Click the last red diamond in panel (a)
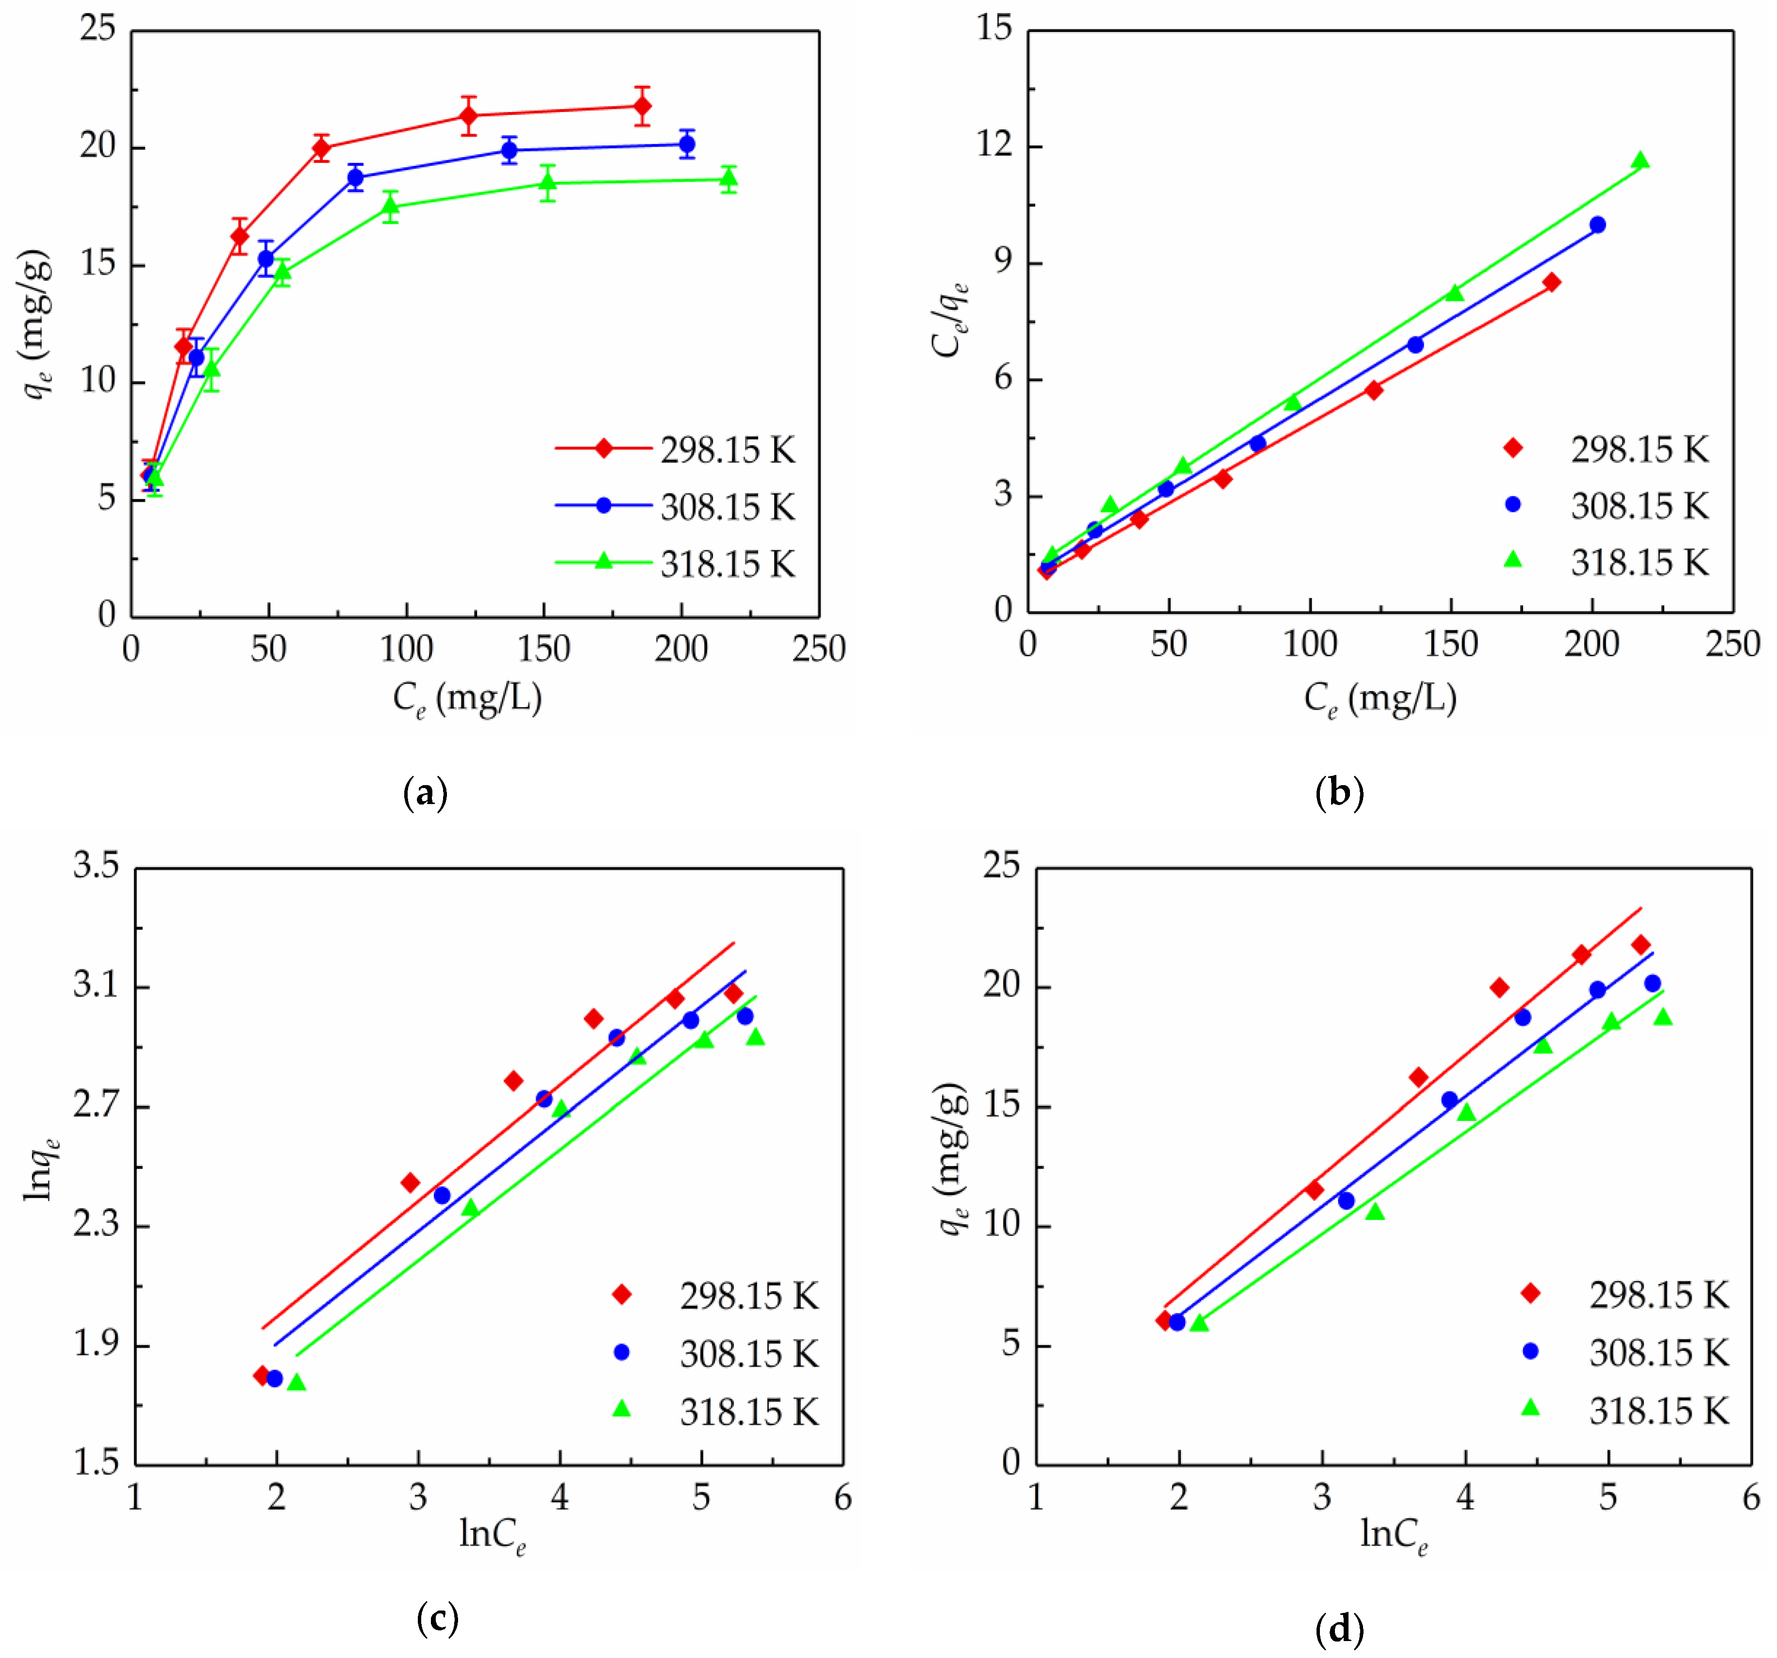tap(642, 106)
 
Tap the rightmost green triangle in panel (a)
tap(729, 179)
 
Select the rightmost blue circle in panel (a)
tap(686, 144)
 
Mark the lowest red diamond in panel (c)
tap(262, 1374)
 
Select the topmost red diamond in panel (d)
tap(1640, 945)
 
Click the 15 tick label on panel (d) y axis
tap(1001, 1105)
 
